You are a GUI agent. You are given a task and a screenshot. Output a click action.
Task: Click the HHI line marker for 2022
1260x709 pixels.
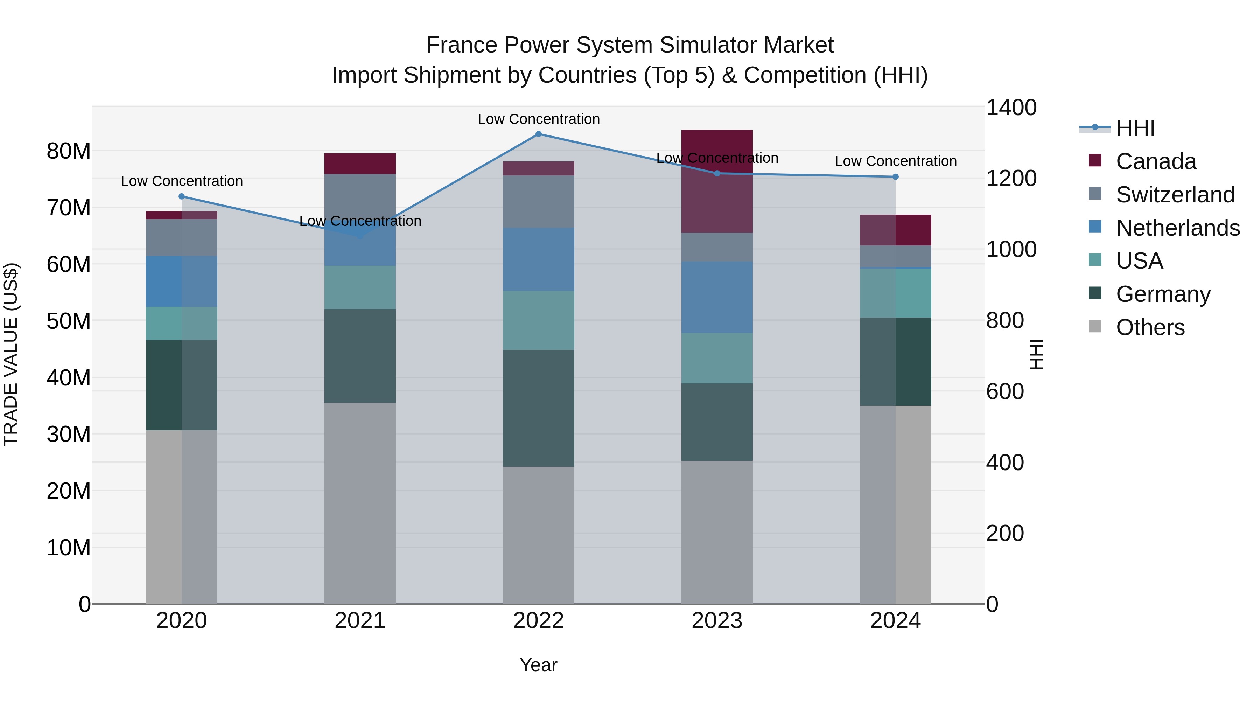coord(539,134)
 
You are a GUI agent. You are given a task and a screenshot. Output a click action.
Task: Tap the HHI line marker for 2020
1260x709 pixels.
coord(181,196)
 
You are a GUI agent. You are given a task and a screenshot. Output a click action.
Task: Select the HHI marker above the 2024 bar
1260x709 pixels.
coord(896,177)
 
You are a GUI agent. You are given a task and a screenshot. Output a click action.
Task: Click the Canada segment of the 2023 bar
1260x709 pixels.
coord(717,181)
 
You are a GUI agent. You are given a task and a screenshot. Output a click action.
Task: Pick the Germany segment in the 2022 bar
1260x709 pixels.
coord(539,408)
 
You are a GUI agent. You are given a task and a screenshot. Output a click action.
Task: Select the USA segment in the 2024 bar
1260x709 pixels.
coord(896,293)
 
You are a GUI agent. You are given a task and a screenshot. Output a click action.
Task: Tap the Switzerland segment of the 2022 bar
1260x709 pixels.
coord(539,202)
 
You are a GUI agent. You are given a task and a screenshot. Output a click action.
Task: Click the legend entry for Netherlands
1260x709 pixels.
coord(1177,228)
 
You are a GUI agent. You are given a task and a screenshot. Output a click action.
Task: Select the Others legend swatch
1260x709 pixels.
coord(1095,326)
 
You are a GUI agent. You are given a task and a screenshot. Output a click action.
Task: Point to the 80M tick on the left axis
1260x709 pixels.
coord(69,151)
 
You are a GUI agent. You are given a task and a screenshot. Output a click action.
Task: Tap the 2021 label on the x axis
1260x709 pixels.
coord(360,621)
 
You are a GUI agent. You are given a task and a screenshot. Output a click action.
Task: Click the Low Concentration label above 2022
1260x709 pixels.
coord(539,119)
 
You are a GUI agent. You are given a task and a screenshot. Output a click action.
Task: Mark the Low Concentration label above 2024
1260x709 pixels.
coord(896,161)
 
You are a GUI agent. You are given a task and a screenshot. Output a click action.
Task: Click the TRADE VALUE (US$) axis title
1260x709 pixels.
coord(11,354)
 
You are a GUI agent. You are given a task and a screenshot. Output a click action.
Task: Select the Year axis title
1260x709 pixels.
coord(539,665)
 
